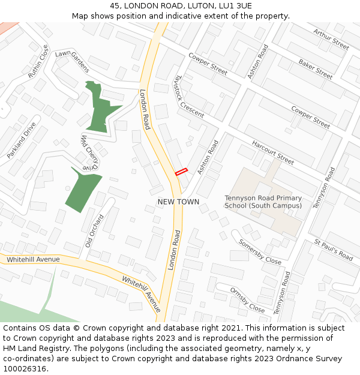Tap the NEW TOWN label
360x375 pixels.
click(178, 202)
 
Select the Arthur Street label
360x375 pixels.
click(331, 39)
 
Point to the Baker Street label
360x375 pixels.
click(316, 70)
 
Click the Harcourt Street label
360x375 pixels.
click(273, 153)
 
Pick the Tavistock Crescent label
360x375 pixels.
click(188, 97)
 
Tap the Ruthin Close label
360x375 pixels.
click(38, 62)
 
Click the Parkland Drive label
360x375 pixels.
click(22, 140)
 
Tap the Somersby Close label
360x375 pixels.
click(260, 252)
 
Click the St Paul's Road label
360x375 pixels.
click(334, 250)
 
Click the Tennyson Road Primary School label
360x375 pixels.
click(263, 202)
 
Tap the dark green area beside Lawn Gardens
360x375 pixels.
click(100, 108)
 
